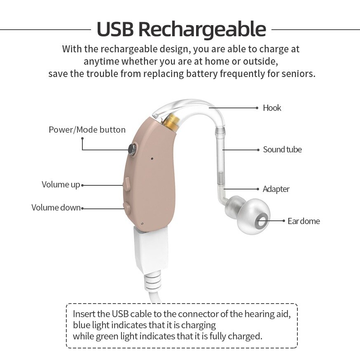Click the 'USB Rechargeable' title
point(181,29)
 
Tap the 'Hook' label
point(272,108)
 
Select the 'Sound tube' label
point(282,150)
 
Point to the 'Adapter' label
point(276,189)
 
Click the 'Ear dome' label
point(304,221)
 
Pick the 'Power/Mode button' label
point(87,130)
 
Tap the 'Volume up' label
point(61,185)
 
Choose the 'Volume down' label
point(56,208)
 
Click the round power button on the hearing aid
point(133,149)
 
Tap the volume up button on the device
point(126,184)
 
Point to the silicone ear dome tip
point(248,216)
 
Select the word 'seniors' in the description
point(298,74)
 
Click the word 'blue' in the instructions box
point(81,325)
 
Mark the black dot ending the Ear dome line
point(284,221)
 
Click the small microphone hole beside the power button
point(152,158)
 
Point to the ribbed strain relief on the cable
point(152,284)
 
